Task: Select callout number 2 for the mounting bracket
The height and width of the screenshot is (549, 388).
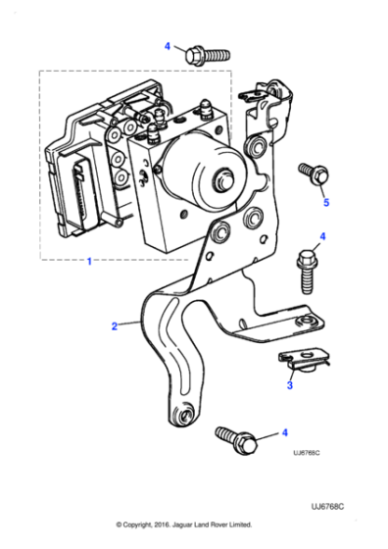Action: tap(114, 324)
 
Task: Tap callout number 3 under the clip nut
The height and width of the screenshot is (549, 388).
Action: tap(289, 387)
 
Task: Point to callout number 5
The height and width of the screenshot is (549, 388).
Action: tap(327, 203)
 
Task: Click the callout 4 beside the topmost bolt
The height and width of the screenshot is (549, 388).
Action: tap(167, 46)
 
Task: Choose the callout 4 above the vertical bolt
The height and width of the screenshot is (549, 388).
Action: tap(322, 237)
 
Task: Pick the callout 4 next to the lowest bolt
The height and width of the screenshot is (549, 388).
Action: tap(285, 432)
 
